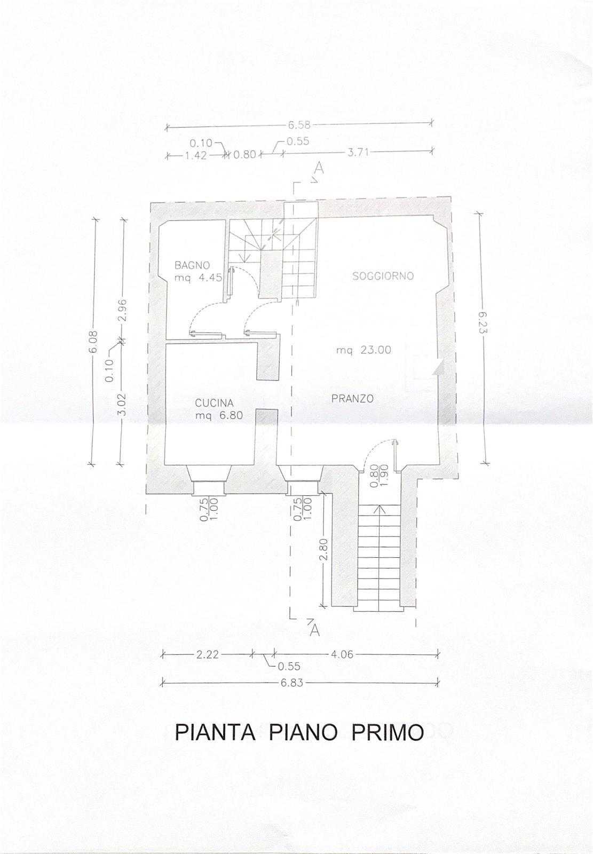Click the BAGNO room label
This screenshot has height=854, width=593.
pyautogui.click(x=192, y=265)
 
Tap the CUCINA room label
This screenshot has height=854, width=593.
pyautogui.click(x=214, y=403)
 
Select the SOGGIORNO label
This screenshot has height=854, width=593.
pyautogui.click(x=383, y=276)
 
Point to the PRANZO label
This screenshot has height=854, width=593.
pyautogui.click(x=352, y=399)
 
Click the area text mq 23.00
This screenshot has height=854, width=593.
pyautogui.click(x=363, y=350)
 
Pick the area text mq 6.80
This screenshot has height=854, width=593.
pyautogui.click(x=219, y=416)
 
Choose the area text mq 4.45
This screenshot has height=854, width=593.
pyautogui.click(x=198, y=278)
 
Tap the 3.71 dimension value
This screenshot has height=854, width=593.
pyautogui.click(x=358, y=153)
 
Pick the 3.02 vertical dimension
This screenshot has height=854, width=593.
pyautogui.click(x=122, y=407)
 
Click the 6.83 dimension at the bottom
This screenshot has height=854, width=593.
pyautogui.click(x=292, y=682)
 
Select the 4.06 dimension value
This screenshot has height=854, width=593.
pyautogui.click(x=342, y=654)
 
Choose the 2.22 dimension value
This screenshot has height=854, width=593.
pyautogui.click(x=208, y=654)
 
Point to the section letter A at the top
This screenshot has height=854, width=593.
pyautogui.click(x=320, y=168)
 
